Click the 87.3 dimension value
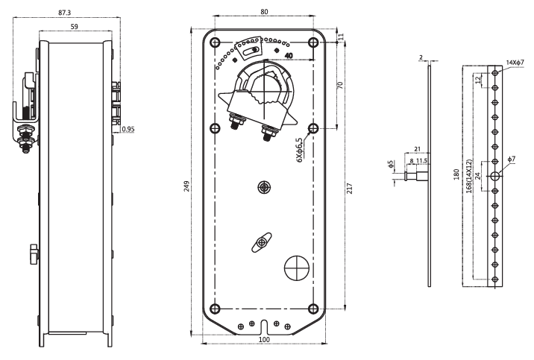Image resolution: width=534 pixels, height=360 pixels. click(64, 13)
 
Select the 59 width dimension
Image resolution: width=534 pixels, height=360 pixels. click(75, 26)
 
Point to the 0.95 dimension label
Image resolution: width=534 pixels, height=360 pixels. click(128, 129)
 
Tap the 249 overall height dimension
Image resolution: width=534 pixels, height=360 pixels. click(186, 186)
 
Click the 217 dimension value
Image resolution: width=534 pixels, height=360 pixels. click(350, 189)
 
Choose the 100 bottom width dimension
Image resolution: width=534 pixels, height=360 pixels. click(264, 340)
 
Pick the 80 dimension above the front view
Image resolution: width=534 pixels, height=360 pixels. click(264, 12)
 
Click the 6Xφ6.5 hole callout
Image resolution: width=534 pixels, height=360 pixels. click(299, 150)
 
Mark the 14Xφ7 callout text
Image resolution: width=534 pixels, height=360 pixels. click(515, 63)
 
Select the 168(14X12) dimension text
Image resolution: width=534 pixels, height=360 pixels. click(469, 176)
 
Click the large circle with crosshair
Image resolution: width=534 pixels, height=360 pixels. click(297, 268)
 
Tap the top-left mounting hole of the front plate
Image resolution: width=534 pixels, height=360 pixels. click(216, 42)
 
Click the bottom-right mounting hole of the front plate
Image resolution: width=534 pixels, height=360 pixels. click(313, 309)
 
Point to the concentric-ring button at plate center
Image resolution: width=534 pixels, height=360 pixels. click(264, 187)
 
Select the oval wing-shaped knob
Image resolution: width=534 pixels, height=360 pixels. click(262, 242)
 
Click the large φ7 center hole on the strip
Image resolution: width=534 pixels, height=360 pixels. click(495, 176)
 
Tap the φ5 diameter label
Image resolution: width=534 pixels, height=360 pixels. click(391, 164)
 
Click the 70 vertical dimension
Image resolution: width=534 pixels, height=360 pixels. click(340, 85)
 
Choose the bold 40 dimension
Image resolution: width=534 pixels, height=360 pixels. click(289, 55)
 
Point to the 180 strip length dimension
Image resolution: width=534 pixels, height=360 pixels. click(456, 174)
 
